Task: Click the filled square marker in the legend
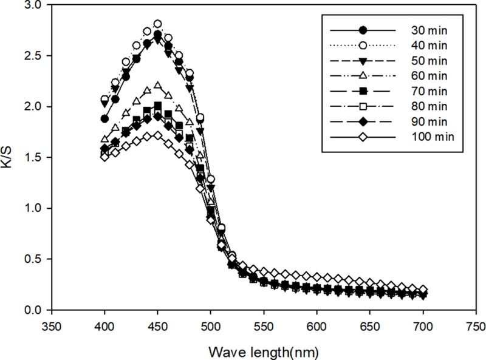[x=363, y=91]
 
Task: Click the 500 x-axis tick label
[x=211, y=326]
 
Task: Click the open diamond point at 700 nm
[x=423, y=290]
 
